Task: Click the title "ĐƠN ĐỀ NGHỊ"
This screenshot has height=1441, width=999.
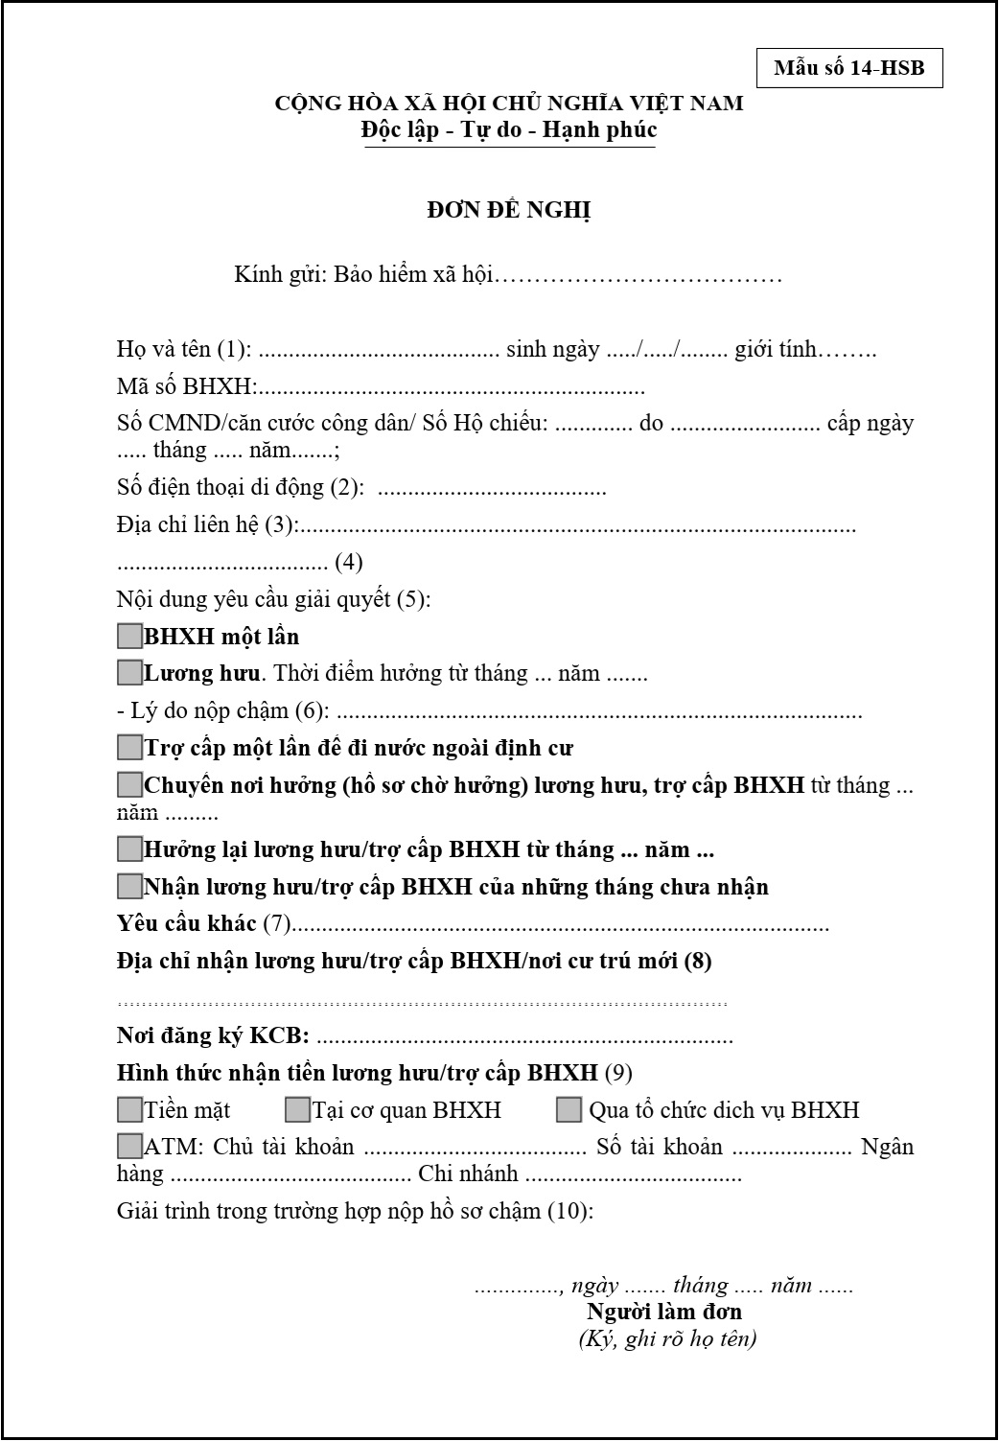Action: point(508,210)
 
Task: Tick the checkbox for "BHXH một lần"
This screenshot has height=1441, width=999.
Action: point(129,636)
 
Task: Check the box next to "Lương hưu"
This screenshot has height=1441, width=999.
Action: point(129,673)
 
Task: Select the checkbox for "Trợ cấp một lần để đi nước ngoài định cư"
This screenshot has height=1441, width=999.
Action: point(129,747)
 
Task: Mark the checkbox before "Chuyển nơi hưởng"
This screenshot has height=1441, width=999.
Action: point(129,785)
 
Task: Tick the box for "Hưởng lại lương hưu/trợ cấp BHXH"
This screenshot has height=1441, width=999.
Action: point(129,848)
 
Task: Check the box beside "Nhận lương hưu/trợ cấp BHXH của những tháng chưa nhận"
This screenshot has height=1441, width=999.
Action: point(129,886)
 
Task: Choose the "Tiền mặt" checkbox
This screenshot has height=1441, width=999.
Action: point(129,1110)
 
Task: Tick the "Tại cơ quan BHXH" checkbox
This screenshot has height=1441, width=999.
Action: point(297,1110)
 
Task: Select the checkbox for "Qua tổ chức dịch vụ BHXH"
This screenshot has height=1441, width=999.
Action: point(569,1110)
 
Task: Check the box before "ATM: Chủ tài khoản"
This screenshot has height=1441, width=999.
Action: point(129,1146)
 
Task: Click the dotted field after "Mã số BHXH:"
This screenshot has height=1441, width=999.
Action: point(451,389)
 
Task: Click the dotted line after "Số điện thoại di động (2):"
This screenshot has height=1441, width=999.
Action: point(492,489)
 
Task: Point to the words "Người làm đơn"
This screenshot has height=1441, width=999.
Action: point(664,1312)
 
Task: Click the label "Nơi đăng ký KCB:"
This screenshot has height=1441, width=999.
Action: point(213,1036)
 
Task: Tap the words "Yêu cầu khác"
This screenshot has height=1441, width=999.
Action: point(186,923)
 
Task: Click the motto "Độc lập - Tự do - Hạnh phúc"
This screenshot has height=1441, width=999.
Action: point(508,129)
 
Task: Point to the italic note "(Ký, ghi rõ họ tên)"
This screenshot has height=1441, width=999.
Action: point(667,1338)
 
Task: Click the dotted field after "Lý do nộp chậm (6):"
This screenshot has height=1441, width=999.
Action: point(599,712)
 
